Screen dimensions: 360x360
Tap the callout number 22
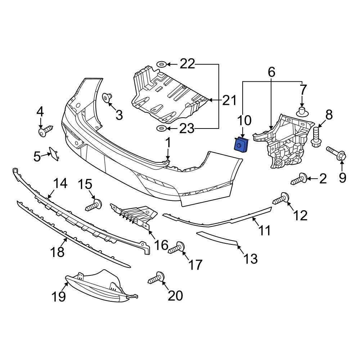(187, 64)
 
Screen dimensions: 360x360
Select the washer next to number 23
(161, 129)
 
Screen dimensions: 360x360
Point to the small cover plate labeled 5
(53, 154)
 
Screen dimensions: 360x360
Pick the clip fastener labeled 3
(107, 98)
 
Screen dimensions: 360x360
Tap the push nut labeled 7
(302, 111)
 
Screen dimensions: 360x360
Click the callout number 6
(271, 72)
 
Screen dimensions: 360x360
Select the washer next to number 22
(161, 65)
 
